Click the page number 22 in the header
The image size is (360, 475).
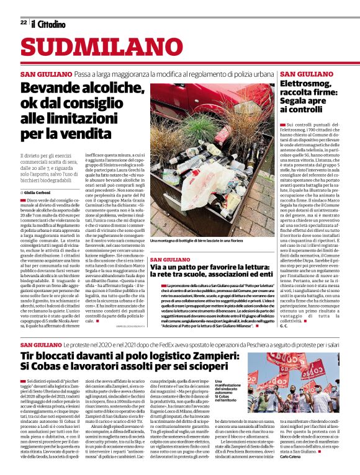pos(23,22)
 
